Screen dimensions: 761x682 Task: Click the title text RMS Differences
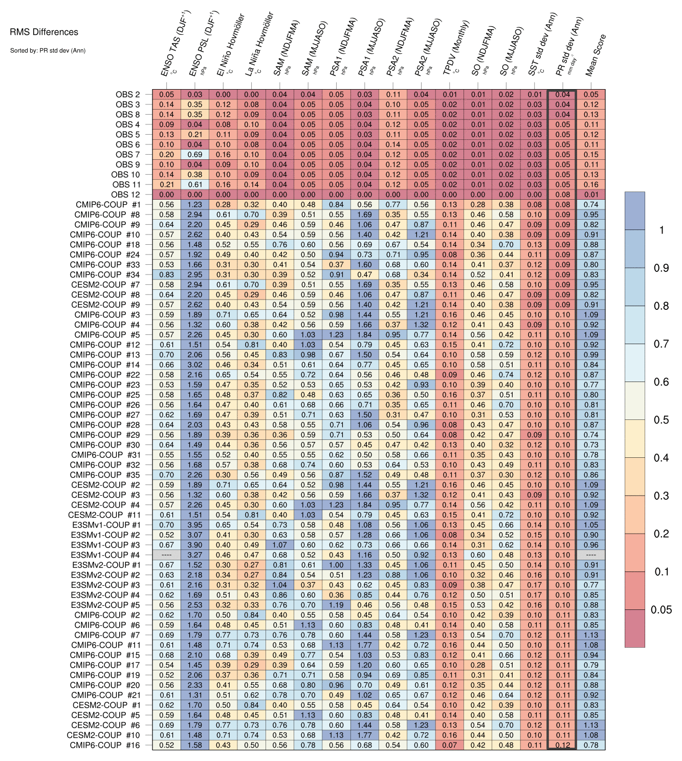(44, 32)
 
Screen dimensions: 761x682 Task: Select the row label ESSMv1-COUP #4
(105, 555)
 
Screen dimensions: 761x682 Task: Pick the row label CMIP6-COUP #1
(107, 205)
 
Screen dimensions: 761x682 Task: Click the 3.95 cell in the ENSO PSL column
(194, 525)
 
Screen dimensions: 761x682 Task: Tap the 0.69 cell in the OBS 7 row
(194, 155)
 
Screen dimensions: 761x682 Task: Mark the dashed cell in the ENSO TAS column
(166, 555)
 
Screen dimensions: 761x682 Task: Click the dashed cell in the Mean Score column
(591, 555)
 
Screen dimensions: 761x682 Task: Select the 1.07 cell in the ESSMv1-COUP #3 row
(279, 545)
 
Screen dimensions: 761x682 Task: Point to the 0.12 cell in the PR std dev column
(563, 745)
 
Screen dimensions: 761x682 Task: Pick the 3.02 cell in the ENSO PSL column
(194, 365)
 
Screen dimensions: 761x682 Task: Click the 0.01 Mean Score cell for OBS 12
(591, 195)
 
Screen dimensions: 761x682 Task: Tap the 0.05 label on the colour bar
(661, 609)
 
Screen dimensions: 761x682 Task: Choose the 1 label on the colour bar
(662, 230)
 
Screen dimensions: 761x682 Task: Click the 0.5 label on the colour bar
(661, 420)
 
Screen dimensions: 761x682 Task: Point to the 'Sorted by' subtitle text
(48, 50)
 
